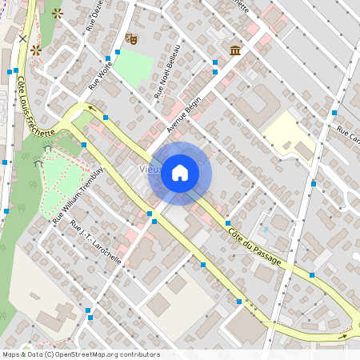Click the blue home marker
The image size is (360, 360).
coord(180,172)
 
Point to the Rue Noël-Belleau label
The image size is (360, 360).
coord(166,72)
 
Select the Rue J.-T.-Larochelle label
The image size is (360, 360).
coord(96,242)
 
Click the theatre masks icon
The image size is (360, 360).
coord(132,38)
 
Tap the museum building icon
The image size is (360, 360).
coord(236,50)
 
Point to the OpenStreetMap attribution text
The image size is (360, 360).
coord(80,354)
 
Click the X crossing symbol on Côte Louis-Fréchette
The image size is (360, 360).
coord(22,38)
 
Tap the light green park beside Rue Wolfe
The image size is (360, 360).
coord(132,68)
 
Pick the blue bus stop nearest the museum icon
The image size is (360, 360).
coord(214,62)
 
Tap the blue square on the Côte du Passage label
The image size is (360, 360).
coord(228,222)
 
